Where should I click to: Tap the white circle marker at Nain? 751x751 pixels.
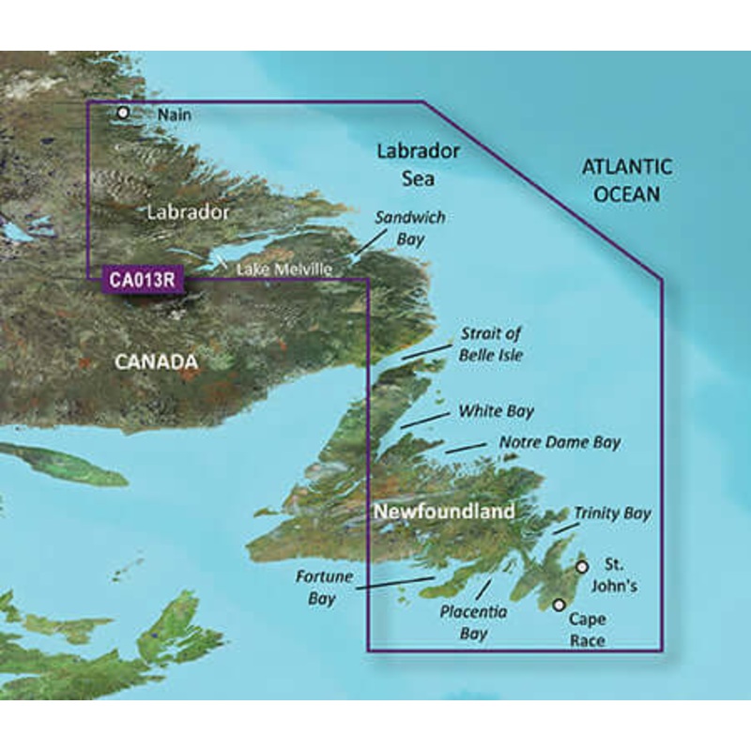click(x=123, y=113)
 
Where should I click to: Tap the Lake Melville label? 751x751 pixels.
click(x=284, y=270)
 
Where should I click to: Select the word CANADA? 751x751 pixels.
click(x=156, y=361)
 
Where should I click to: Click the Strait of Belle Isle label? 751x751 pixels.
click(x=490, y=345)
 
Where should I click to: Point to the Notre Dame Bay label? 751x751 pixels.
click(x=559, y=442)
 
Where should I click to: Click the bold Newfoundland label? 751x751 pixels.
click(x=444, y=512)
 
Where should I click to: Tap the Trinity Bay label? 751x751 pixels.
click(x=612, y=513)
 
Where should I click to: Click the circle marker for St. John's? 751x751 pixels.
click(x=582, y=567)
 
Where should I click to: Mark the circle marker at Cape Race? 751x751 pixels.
click(x=559, y=605)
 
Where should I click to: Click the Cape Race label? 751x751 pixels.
click(x=587, y=630)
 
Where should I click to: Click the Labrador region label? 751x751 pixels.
click(x=188, y=212)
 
